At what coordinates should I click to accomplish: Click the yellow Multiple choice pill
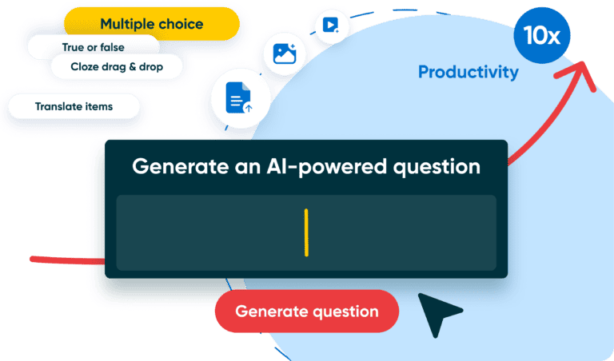[151, 25]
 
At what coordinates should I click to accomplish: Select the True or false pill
[93, 47]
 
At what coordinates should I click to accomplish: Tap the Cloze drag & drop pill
[116, 67]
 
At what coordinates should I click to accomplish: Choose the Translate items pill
[74, 106]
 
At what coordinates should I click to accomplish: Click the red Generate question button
[306, 311]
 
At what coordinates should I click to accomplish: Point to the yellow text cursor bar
[306, 232]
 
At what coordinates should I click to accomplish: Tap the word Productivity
[468, 73]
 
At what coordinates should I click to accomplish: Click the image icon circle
[285, 54]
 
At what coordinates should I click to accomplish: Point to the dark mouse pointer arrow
[439, 314]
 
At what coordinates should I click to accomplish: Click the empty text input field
[208, 232]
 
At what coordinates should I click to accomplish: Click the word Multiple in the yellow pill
[126, 25]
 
